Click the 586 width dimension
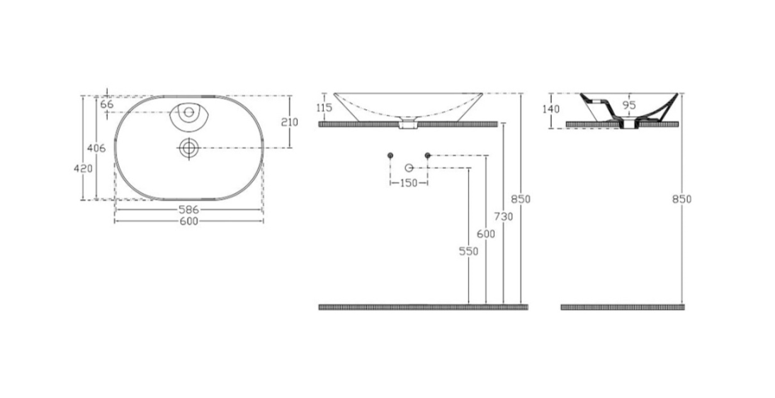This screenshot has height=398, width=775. click(x=188, y=210)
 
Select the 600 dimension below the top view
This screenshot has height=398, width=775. click(x=188, y=221)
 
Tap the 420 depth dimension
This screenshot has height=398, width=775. click(x=84, y=169)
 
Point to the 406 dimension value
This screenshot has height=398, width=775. click(x=96, y=148)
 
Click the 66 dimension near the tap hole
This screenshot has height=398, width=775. click(x=107, y=104)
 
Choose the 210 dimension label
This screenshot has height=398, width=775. click(x=289, y=122)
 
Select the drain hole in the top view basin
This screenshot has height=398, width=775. click(x=188, y=148)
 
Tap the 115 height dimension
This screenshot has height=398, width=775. click(x=324, y=108)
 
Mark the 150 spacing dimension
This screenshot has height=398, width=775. click(x=409, y=183)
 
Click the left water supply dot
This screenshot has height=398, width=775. click(x=390, y=155)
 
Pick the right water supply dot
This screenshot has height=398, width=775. click(x=427, y=155)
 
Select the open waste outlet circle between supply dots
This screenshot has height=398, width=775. click(x=409, y=167)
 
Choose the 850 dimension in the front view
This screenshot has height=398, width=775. click(x=521, y=199)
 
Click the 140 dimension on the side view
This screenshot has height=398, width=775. click(x=551, y=109)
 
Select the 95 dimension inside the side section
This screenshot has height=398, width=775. click(x=629, y=104)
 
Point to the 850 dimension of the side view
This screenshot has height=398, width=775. click(x=681, y=199)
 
